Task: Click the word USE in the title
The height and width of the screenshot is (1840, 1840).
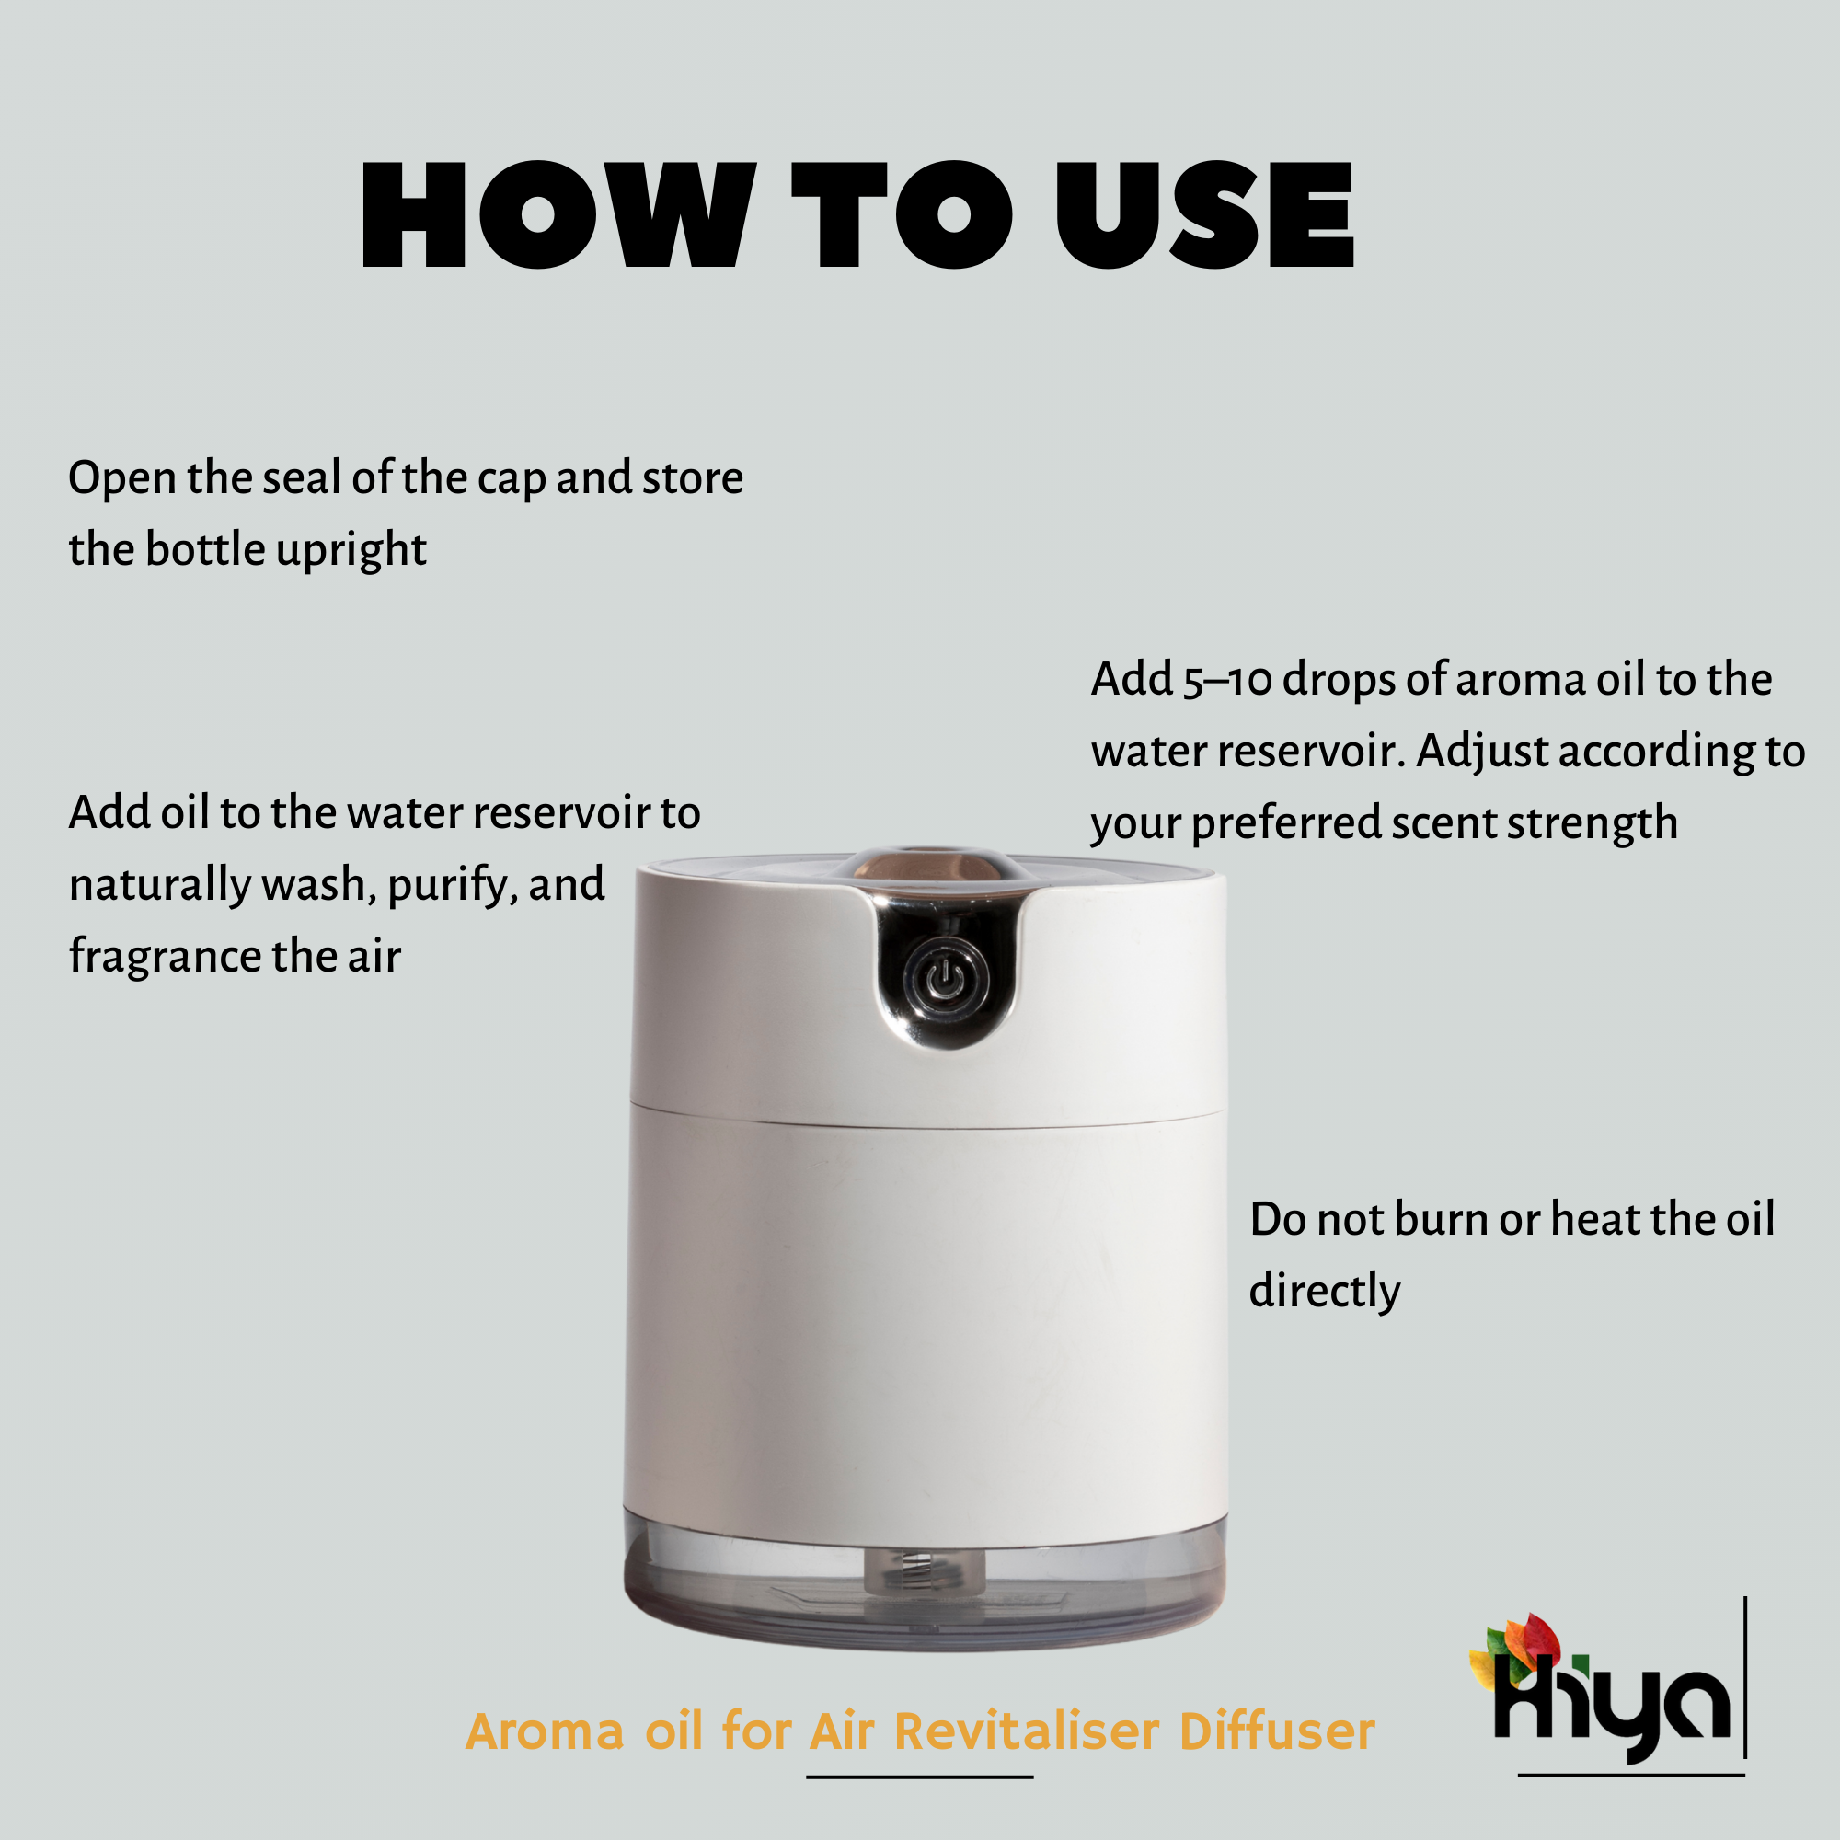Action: pyautogui.click(x=1205, y=214)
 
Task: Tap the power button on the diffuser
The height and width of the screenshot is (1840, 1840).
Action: pyautogui.click(x=945, y=979)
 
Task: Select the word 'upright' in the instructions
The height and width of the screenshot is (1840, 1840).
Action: pyautogui.click(x=351, y=551)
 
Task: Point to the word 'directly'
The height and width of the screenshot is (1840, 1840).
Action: pyautogui.click(x=1325, y=1293)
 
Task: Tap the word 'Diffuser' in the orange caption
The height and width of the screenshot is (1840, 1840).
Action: pyautogui.click(x=1276, y=1731)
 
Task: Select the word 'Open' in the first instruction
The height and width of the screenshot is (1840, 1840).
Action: pyautogui.click(x=123, y=479)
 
